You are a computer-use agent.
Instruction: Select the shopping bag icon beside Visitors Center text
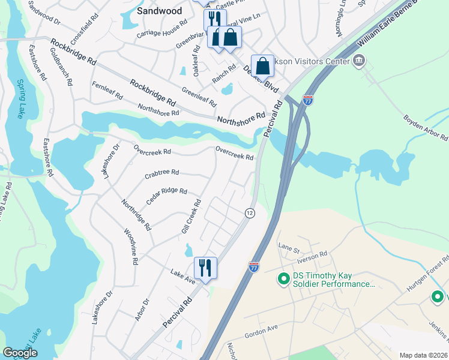coord(263,66)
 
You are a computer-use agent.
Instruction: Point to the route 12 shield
coord(250,213)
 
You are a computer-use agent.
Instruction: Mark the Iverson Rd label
coord(312,254)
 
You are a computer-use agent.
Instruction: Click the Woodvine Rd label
coord(131,247)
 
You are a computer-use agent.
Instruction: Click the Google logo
coord(20,353)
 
